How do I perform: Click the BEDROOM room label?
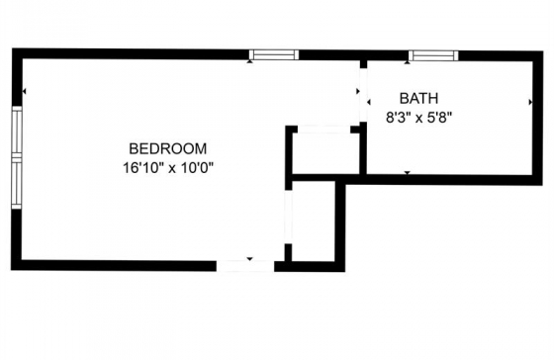(x=168, y=148)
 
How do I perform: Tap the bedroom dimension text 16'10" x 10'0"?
(x=168, y=167)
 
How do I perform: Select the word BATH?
(x=418, y=98)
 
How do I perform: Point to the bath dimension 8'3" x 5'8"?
(x=419, y=117)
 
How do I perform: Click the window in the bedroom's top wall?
(x=274, y=54)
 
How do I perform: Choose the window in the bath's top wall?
(x=433, y=55)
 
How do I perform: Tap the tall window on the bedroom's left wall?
(x=17, y=157)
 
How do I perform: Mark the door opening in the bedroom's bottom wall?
(x=245, y=266)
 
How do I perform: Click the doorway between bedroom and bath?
(x=363, y=95)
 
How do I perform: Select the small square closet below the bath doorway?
(x=324, y=153)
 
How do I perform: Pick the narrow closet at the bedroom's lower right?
(x=314, y=222)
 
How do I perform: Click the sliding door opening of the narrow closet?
(x=289, y=217)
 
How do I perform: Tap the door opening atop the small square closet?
(x=324, y=130)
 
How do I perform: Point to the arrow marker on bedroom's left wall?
(x=24, y=92)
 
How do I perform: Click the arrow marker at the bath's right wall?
(x=530, y=102)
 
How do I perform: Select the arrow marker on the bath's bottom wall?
(x=408, y=173)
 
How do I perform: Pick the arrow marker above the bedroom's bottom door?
(x=249, y=259)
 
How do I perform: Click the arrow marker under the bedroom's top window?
(x=250, y=61)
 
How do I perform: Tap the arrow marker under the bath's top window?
(x=408, y=62)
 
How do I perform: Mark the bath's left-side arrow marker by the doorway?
(x=368, y=103)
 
